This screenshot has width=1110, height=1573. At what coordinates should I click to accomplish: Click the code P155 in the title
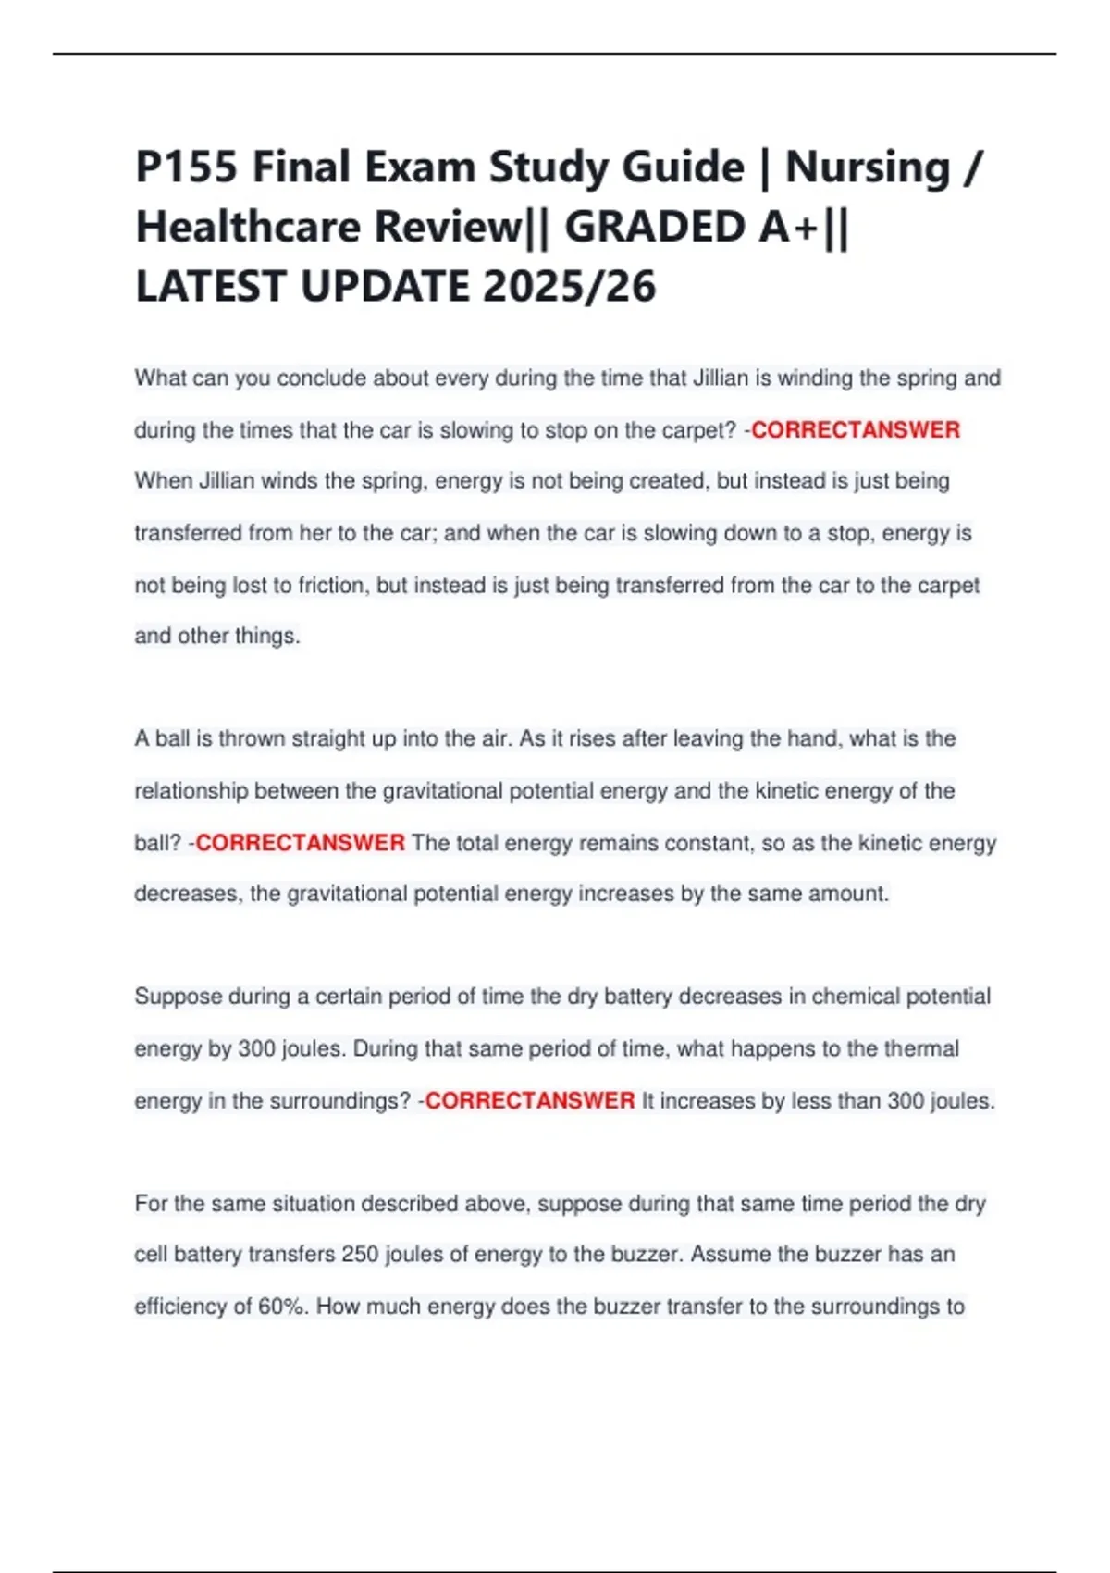pos(188,167)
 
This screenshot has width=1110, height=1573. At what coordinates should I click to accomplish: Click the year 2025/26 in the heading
pos(569,286)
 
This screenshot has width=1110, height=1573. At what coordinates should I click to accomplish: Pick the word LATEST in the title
pos(212,286)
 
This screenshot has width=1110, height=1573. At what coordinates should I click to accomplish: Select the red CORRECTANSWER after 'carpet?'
pos(856,430)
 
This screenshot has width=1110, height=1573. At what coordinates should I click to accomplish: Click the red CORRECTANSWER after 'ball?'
pos(301,843)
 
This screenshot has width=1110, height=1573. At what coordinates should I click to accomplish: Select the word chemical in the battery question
pos(855,997)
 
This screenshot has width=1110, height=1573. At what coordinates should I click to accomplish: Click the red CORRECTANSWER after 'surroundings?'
pos(530,1100)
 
